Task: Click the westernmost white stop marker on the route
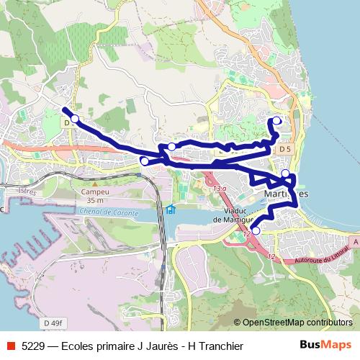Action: pyautogui.click(x=74, y=118)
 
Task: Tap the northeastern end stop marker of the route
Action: pyautogui.click(x=278, y=121)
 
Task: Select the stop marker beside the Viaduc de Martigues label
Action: pyautogui.click(x=255, y=231)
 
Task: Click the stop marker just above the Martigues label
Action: pyautogui.click(x=286, y=173)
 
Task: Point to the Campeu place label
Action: pyautogui.click(x=94, y=192)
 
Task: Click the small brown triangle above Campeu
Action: pyautogui.click(x=94, y=184)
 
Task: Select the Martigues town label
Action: pyautogui.click(x=287, y=194)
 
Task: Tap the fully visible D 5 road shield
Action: pyautogui.click(x=286, y=148)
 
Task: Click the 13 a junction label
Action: pyautogui.click(x=220, y=189)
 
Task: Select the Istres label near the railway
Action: pyautogui.click(x=27, y=192)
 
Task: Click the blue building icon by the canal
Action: pyautogui.click(x=171, y=210)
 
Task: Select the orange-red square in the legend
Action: pyautogui.click(x=10, y=346)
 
